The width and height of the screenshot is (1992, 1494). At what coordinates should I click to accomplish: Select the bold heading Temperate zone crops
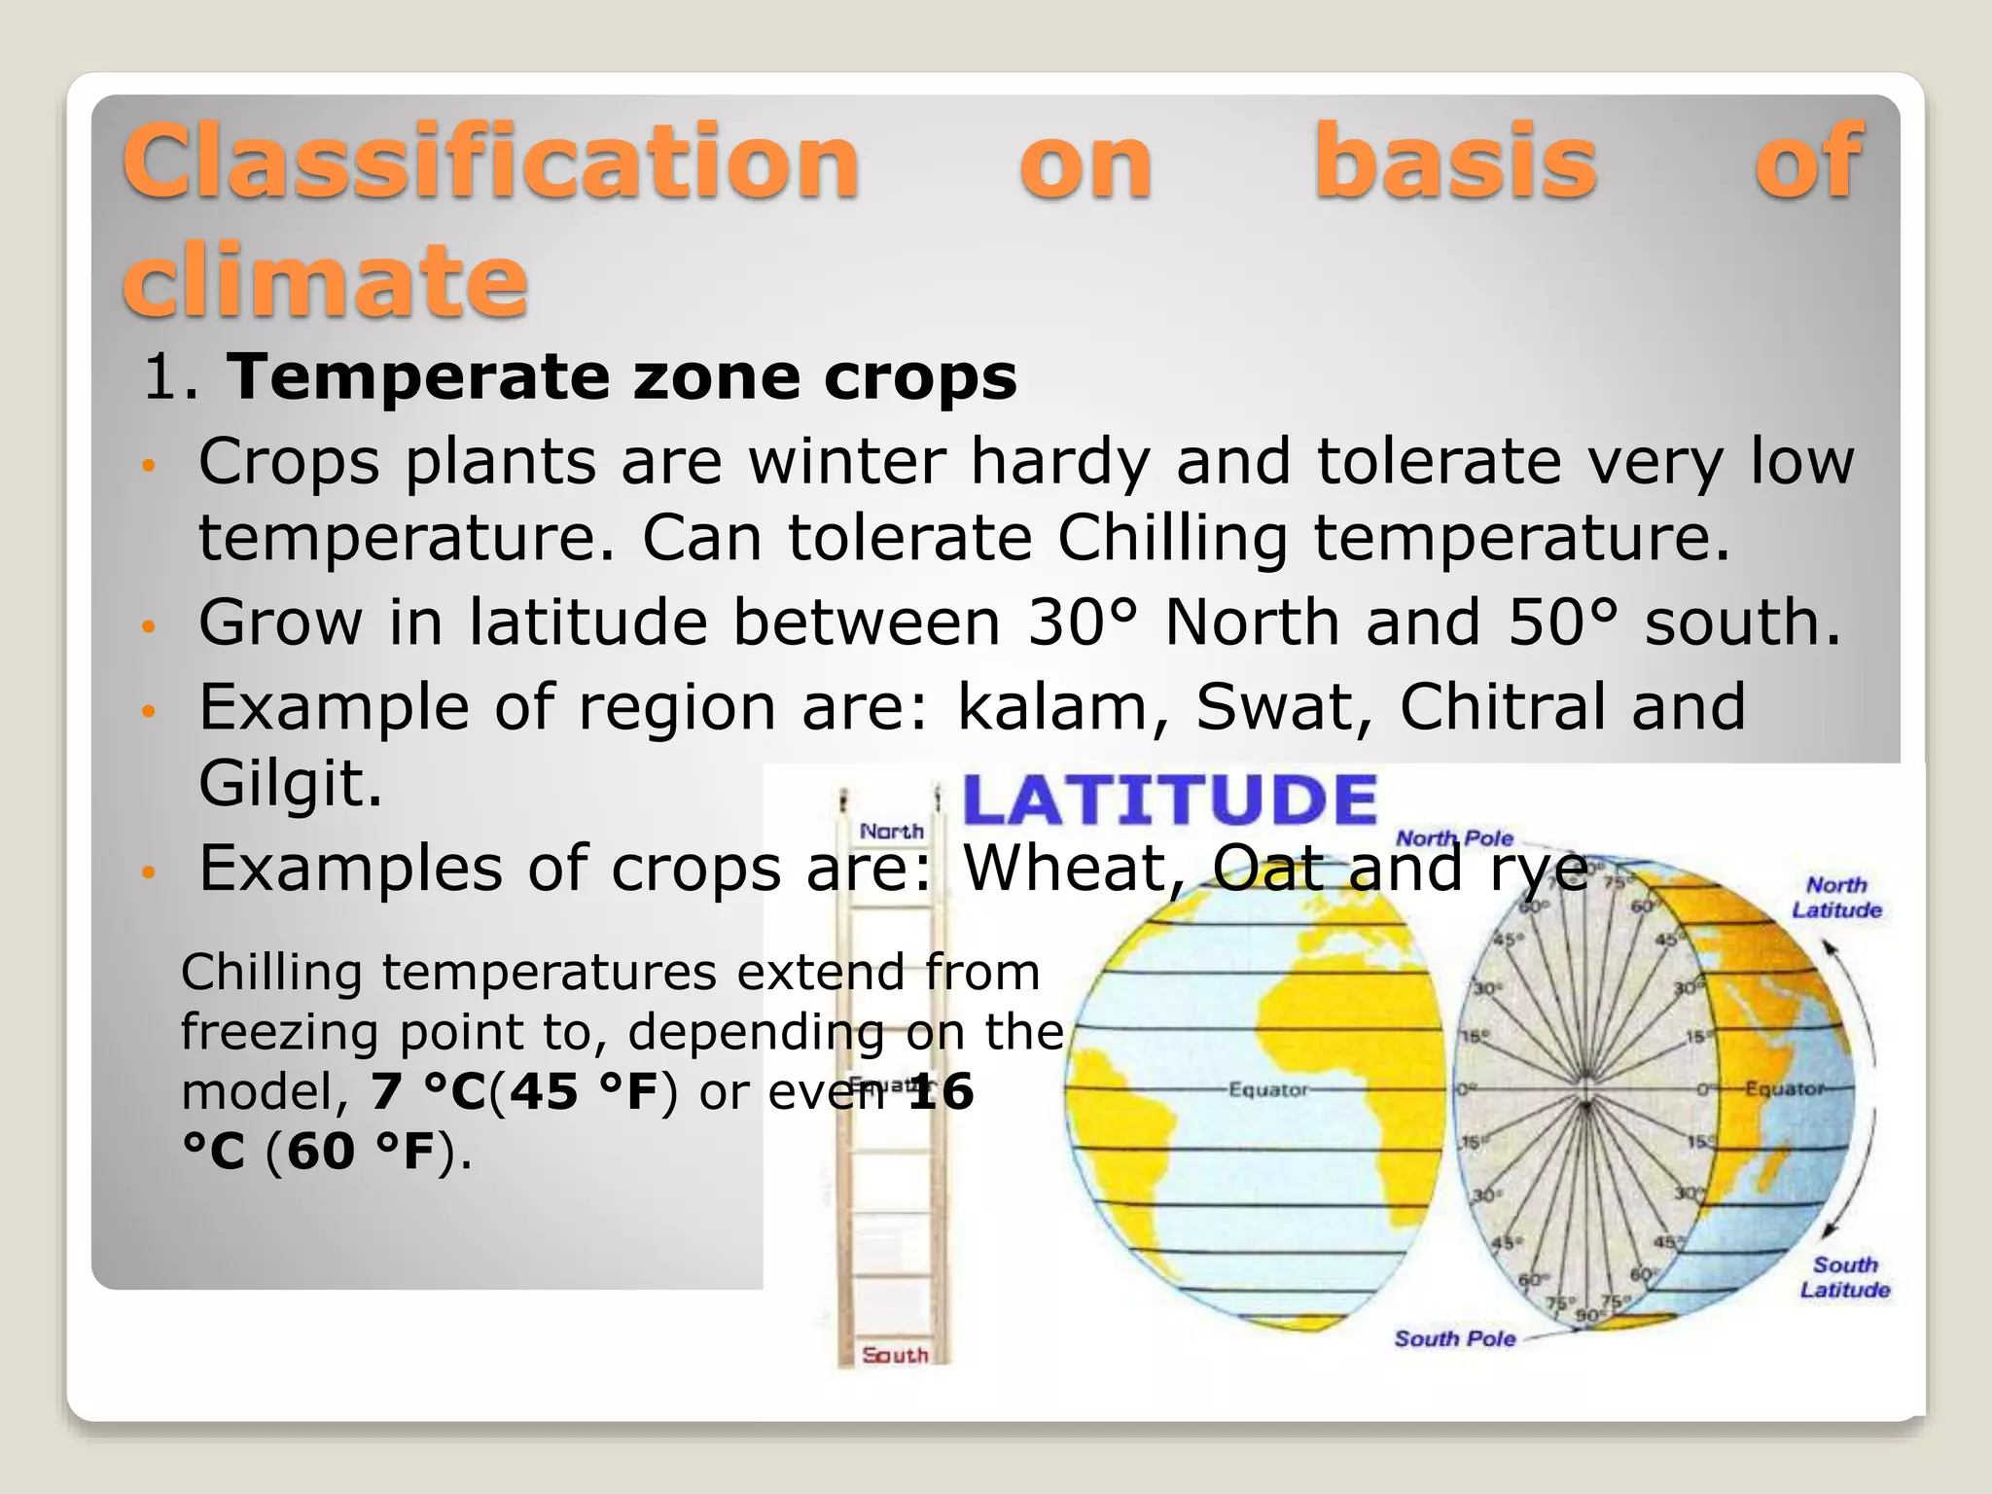coord(622,377)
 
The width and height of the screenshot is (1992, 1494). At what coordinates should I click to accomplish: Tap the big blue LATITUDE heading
coord(1169,800)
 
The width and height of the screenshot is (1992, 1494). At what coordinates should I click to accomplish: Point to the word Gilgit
coord(290,784)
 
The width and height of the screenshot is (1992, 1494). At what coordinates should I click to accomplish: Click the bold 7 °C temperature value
coord(428,1092)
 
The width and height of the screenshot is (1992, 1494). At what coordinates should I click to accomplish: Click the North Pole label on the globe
coord(1454,838)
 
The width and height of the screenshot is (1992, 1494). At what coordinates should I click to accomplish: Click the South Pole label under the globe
coord(1454,1339)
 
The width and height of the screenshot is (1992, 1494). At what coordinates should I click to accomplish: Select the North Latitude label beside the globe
coord(1836,898)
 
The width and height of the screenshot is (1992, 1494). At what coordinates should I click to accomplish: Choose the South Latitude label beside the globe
coord(1844,1277)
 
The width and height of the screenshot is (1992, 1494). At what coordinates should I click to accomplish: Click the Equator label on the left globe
coord(1268,1090)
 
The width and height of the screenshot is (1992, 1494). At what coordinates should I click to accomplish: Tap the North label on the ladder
coord(891,832)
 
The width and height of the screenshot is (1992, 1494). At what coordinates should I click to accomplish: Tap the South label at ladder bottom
coord(895,1355)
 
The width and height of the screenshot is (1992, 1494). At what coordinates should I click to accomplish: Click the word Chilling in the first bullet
coord(1172,538)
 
